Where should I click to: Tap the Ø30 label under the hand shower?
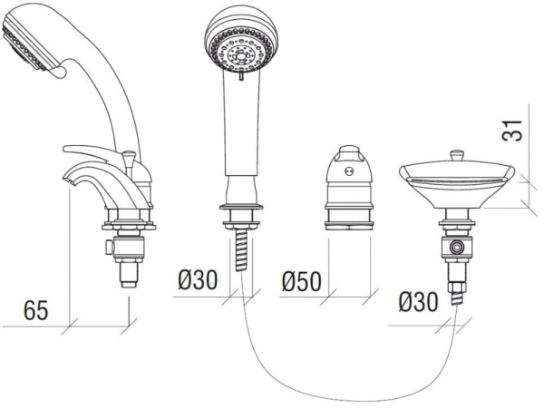point(197,281)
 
